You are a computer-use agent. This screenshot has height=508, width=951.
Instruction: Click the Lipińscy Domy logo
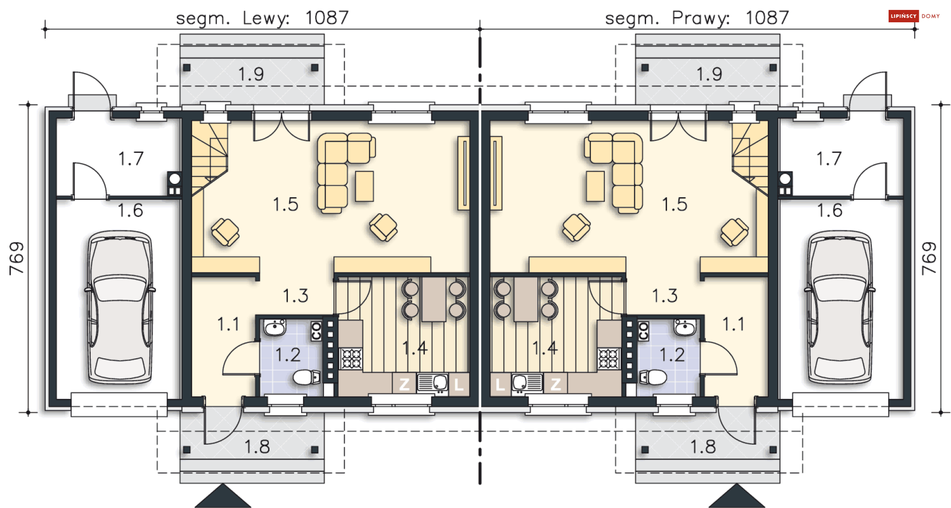tap(913, 16)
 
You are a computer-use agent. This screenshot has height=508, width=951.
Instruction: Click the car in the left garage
tap(120, 307)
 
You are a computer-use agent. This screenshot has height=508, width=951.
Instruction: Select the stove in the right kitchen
tap(609, 359)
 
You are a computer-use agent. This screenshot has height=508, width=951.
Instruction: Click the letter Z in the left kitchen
tap(404, 384)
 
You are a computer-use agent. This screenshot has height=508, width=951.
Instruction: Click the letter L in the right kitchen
tap(500, 384)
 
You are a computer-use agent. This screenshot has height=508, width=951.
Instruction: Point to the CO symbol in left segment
tap(316, 331)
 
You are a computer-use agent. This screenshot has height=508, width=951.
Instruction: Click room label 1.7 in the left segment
tap(131, 159)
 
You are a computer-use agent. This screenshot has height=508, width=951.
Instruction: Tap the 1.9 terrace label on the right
tap(709, 74)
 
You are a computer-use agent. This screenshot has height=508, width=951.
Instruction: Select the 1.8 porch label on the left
tap(257, 447)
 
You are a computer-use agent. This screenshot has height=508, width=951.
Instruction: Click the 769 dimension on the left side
tap(16, 258)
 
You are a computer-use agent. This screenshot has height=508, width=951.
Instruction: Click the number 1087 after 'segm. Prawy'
tap(767, 18)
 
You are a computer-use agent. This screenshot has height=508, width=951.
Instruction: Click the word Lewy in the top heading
tap(266, 18)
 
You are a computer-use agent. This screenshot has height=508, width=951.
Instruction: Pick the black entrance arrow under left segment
tap(223, 497)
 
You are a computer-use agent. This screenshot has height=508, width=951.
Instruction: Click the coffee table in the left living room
tap(364, 186)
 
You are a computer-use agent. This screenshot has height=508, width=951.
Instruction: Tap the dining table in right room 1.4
tap(526, 299)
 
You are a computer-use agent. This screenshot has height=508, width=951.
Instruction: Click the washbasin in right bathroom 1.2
tap(685, 327)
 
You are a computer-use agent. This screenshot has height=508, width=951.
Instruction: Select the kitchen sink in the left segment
tap(433, 383)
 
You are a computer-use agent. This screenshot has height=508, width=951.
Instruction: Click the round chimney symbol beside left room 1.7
tap(174, 178)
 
